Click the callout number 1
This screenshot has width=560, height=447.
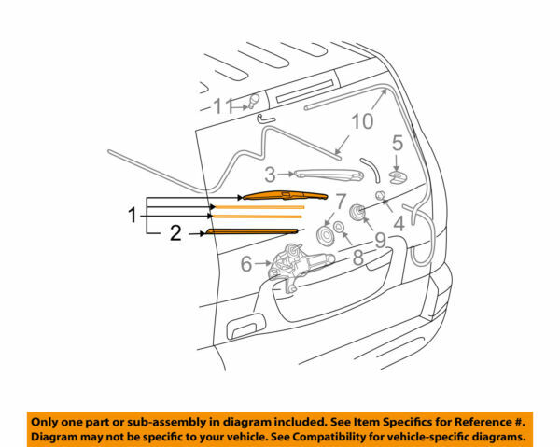click(132, 215)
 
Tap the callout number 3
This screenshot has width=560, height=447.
click(269, 174)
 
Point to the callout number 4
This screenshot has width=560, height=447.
click(399, 224)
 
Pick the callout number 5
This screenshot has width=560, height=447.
click(396, 144)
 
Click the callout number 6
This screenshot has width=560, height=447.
click(246, 264)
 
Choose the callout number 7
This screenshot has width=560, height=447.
click(342, 202)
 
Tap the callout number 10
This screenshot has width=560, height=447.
click(361, 121)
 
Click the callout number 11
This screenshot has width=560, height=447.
click(221, 106)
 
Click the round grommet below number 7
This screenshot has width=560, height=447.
click(327, 236)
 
